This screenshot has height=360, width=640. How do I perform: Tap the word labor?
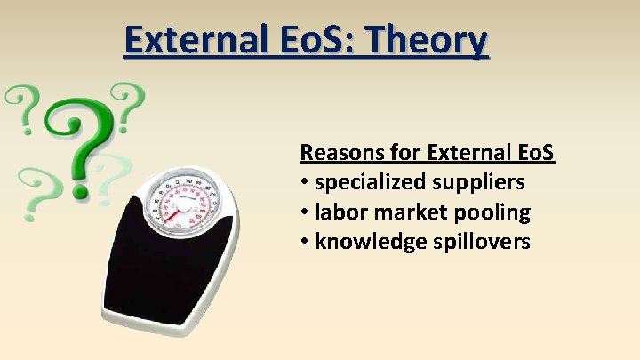pos(340,212)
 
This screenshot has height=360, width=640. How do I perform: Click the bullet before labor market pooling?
pos(305,212)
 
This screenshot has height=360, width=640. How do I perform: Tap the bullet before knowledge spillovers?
pos(305,242)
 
